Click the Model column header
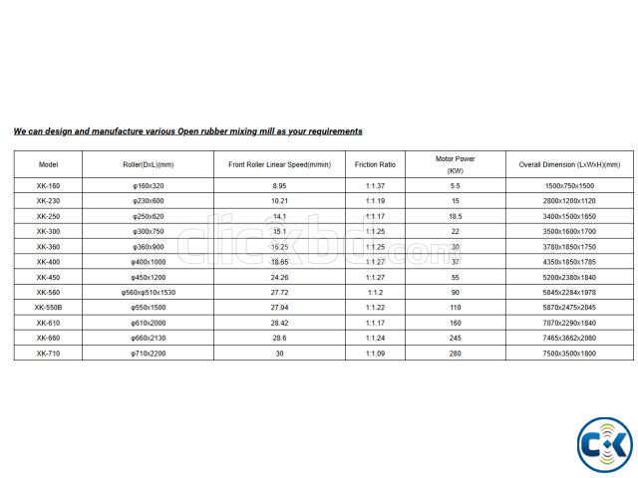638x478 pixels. (49, 164)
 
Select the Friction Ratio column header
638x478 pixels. (375, 164)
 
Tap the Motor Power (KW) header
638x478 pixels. (456, 164)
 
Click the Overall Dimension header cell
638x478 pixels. (569, 164)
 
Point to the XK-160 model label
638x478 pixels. (49, 186)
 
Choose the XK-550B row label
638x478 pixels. (49, 307)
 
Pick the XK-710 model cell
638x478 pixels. (49, 353)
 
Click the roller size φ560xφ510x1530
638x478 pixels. (148, 292)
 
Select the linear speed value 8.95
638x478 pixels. (279, 186)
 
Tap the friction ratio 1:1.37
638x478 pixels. (375, 186)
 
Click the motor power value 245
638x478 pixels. (456, 338)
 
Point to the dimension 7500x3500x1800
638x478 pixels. (569, 353)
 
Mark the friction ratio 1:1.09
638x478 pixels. (375, 353)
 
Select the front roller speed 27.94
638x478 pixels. (279, 307)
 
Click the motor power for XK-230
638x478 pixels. (456, 201)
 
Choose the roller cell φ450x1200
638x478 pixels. (148, 277)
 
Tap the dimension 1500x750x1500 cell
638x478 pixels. (569, 186)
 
